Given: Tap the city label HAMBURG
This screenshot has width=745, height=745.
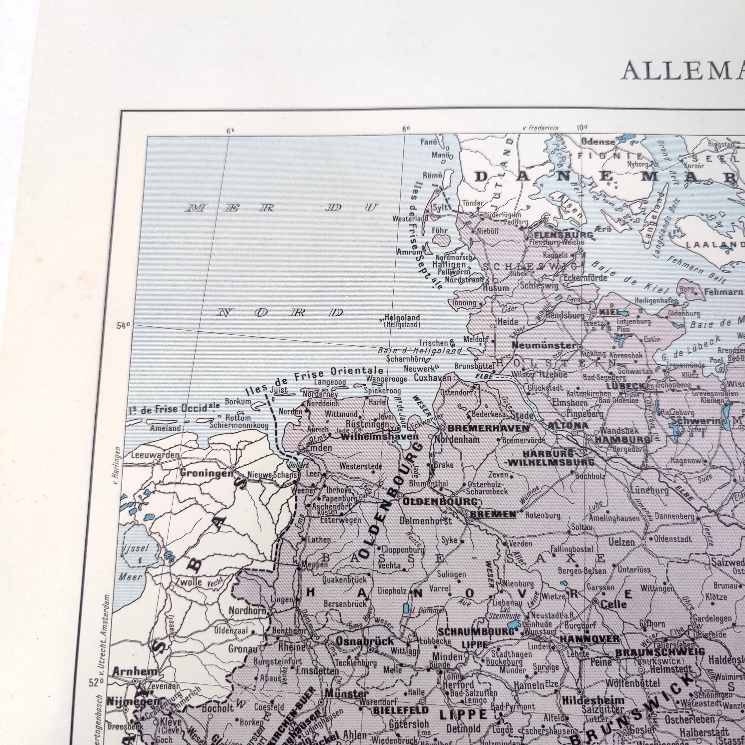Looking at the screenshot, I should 622,439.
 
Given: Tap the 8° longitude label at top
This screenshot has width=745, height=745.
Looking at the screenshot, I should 406,130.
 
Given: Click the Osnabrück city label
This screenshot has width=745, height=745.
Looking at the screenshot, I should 365,641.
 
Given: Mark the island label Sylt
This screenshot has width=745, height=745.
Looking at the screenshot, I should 440,207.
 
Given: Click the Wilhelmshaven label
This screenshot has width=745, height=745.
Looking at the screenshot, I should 380,437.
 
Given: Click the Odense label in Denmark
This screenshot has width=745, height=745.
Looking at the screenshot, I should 598,142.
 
